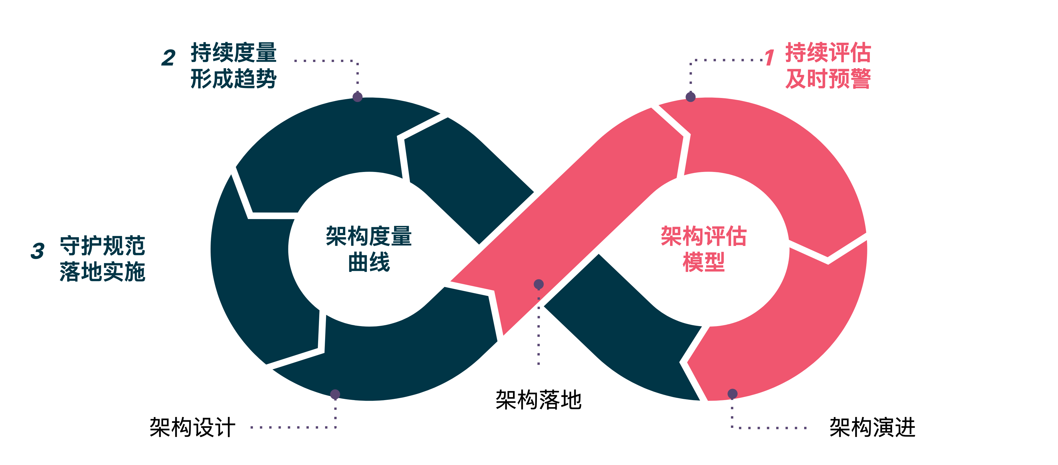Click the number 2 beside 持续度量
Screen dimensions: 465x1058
tap(168, 58)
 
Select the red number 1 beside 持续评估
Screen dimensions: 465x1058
tap(770, 58)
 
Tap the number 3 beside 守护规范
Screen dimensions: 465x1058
tap(37, 251)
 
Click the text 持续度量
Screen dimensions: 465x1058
tap(233, 53)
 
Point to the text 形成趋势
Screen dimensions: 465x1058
tap(233, 79)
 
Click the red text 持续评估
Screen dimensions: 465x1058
tap(828, 53)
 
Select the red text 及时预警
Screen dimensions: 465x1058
tap(828, 79)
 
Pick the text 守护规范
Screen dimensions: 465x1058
tap(103, 246)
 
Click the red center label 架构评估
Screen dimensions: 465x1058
tap(704, 236)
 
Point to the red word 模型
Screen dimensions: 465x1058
tap(704, 262)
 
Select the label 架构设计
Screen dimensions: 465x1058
tap(192, 427)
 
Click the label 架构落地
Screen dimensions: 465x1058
tap(538, 399)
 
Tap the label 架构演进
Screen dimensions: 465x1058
tap(872, 427)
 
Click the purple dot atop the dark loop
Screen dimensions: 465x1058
tap(357, 97)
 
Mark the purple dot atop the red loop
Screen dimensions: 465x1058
tap(691, 97)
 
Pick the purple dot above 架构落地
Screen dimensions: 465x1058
tap(538, 284)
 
